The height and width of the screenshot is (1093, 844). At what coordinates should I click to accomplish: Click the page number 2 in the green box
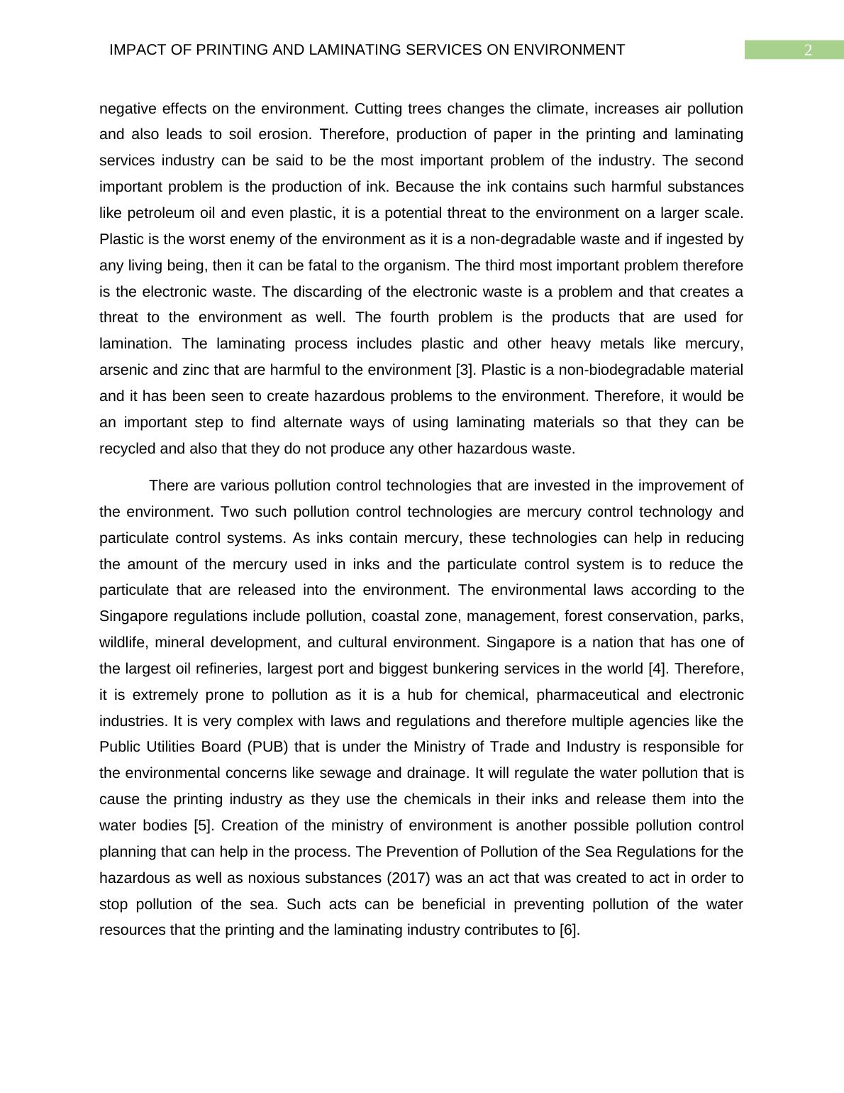(807, 50)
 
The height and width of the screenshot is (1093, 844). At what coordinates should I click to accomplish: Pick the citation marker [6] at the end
(570, 930)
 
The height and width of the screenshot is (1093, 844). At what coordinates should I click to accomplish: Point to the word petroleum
(158, 213)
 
